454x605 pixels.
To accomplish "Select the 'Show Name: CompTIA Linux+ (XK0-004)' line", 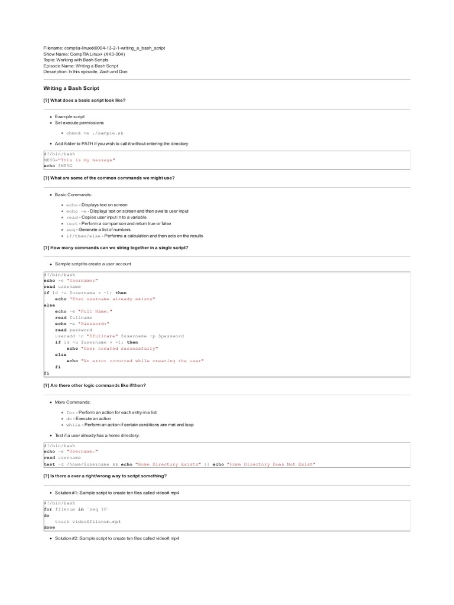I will (84, 54).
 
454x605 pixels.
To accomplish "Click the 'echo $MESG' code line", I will (58, 166).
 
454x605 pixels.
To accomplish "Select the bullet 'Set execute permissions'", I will (79, 123).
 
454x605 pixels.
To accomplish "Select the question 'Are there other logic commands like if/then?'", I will (94, 385).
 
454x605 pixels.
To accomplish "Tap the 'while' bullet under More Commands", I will (129, 425).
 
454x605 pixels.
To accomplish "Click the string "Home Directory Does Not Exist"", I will (272, 464).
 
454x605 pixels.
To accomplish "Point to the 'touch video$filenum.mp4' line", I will (86, 522).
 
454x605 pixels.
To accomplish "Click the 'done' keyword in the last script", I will (50, 528).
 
